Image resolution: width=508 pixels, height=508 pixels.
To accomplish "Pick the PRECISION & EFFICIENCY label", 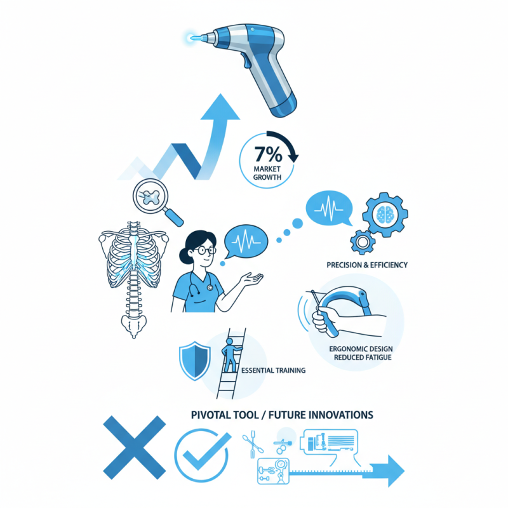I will point(366,265).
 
